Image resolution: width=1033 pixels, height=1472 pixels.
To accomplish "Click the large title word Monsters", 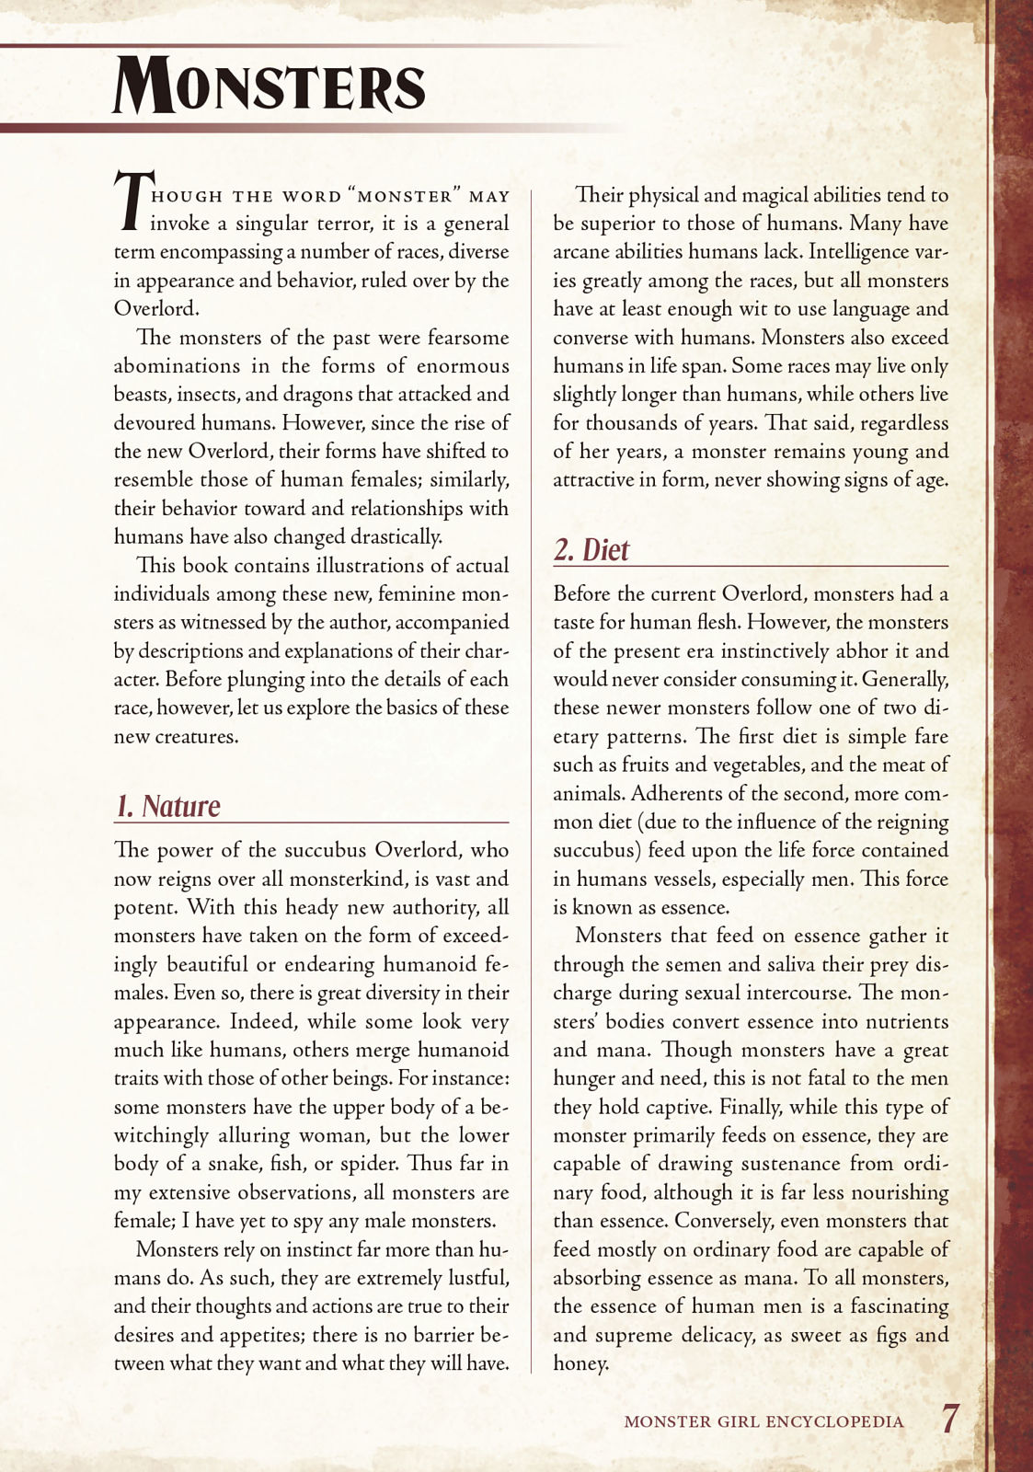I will (x=269, y=85).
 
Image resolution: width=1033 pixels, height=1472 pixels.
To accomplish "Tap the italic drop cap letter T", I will (x=130, y=201).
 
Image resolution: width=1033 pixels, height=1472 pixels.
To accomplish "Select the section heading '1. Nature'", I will (x=167, y=806).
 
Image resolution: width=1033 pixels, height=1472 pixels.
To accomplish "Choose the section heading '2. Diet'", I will (x=591, y=550).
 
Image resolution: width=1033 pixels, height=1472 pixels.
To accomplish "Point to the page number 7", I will (x=949, y=1418).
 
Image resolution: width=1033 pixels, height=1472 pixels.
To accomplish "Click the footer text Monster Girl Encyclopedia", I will (x=763, y=1421).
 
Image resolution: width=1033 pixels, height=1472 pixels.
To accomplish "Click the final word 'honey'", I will (x=580, y=1363).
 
